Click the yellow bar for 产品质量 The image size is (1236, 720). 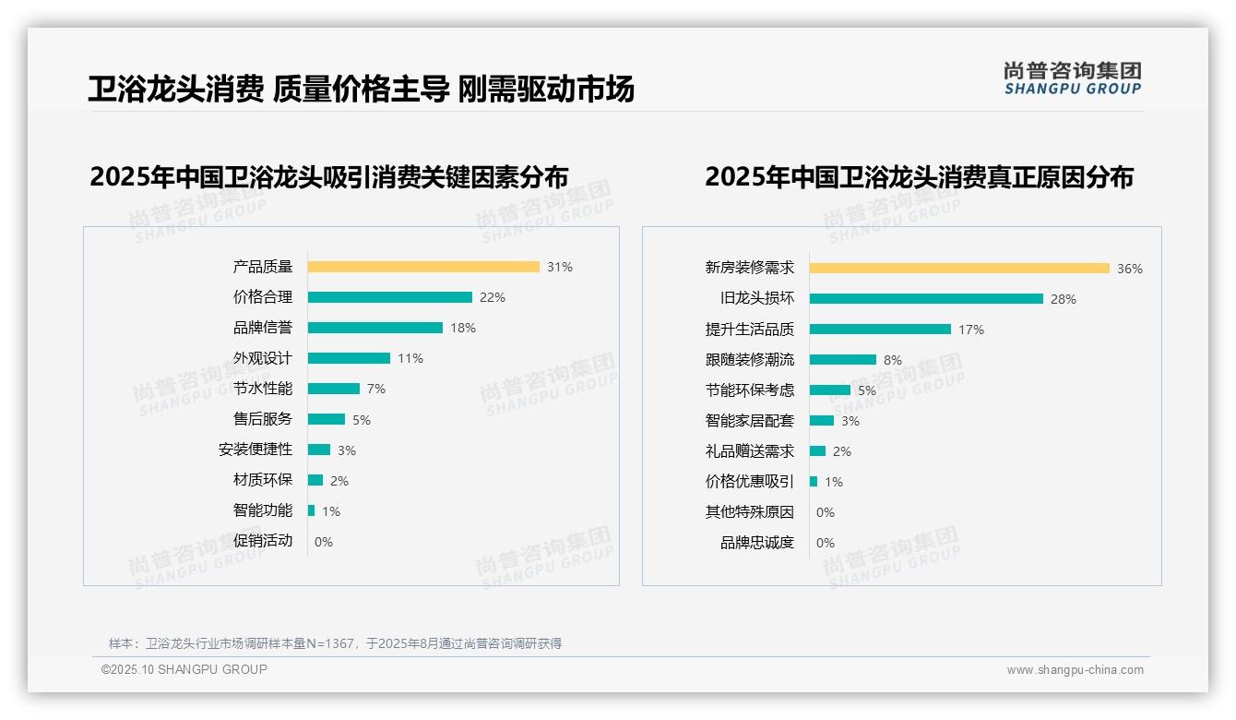click(x=423, y=267)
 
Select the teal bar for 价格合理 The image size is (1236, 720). click(x=389, y=297)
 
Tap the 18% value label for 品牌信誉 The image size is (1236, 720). click(x=462, y=328)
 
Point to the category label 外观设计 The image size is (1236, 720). click(x=262, y=358)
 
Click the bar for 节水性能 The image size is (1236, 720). click(x=333, y=389)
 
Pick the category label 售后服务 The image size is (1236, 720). click(x=262, y=419)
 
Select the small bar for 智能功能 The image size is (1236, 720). click(x=311, y=510)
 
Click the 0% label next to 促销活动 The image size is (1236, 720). click(x=323, y=542)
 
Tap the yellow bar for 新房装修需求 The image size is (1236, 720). click(x=959, y=269)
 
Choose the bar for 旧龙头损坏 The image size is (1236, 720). click(x=926, y=299)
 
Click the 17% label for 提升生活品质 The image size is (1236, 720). click(x=970, y=330)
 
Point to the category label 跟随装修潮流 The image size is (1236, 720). click(x=749, y=360)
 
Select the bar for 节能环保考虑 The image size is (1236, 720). click(x=829, y=390)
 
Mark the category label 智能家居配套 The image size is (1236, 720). click(x=749, y=421)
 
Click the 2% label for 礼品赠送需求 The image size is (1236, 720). click(x=841, y=451)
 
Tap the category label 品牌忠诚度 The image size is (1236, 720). click(x=756, y=543)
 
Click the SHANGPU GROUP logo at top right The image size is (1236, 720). click(x=1072, y=78)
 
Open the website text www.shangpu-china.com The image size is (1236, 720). click(x=1075, y=670)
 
